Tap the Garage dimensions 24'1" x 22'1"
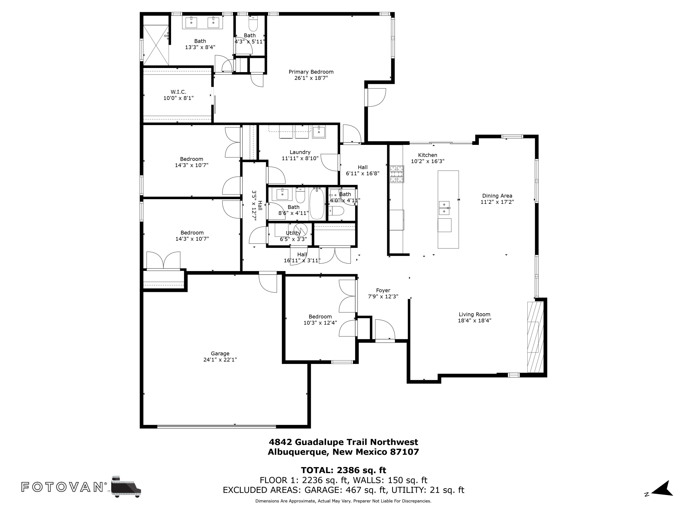coord(220,360)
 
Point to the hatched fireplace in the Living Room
coord(535,337)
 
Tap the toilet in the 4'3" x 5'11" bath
coord(253,24)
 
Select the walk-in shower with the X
coord(155,45)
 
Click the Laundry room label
coord(300,152)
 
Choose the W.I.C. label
coord(178,92)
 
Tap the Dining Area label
coord(497,196)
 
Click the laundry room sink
coord(319,132)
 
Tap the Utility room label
coord(293,233)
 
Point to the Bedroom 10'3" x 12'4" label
coord(320,317)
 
